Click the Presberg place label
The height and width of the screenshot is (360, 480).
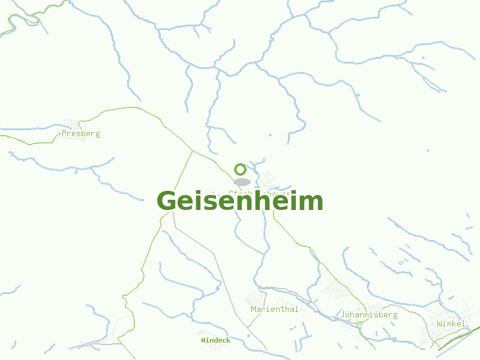point(80,134)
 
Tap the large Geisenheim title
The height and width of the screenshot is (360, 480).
point(240,201)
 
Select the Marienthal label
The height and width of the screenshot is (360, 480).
point(274,310)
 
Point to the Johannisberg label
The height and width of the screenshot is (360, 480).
point(368,314)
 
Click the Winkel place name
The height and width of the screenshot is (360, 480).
point(451,324)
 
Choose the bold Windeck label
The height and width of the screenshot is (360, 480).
point(215,340)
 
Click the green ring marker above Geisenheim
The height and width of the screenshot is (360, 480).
point(240,169)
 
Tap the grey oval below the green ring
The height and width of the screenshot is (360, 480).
point(242,182)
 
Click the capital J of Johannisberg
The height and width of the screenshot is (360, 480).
point(342,314)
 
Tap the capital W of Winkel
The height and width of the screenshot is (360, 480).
point(440,324)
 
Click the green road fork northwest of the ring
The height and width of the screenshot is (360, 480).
point(192,151)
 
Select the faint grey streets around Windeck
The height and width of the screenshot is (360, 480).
point(204,333)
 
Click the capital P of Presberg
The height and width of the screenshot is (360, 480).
point(64,134)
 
